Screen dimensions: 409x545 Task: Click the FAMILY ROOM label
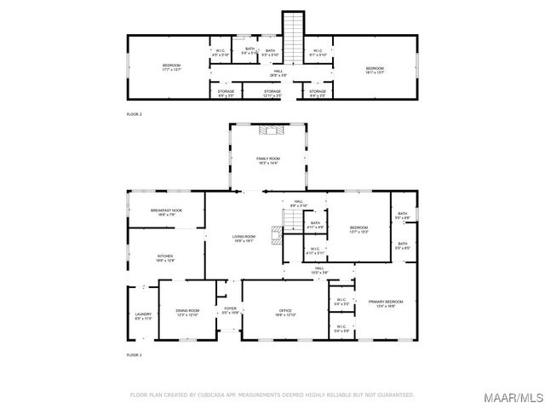click(268, 160)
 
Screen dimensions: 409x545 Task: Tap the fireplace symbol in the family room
click(268, 130)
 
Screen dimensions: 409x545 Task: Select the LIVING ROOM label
click(244, 239)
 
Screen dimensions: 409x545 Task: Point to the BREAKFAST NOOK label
click(166, 212)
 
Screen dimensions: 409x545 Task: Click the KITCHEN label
click(164, 257)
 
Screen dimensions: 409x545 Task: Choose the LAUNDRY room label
click(142, 316)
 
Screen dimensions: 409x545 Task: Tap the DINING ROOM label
click(187, 312)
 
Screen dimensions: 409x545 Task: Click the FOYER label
click(230, 310)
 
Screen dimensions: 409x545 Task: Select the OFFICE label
click(284, 312)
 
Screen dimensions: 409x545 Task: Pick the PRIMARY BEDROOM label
click(385, 303)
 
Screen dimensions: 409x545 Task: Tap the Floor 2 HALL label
click(278, 72)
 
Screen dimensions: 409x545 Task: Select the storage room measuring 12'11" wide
click(272, 93)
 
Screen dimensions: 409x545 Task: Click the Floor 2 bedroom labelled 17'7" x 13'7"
click(171, 67)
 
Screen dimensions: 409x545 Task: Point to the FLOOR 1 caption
click(135, 354)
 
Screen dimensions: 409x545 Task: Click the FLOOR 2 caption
click(135, 113)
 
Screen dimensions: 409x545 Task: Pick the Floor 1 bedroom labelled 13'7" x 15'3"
click(357, 229)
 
